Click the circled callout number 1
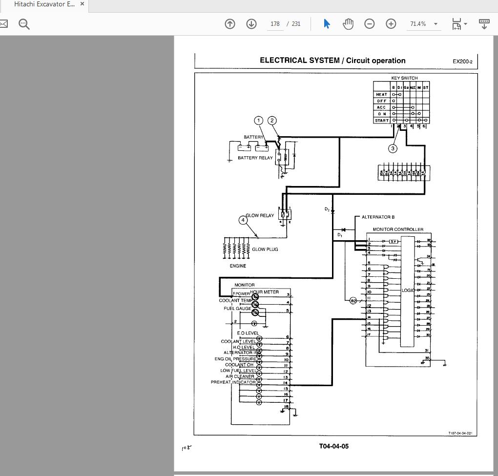[259, 121]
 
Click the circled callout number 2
[272, 121]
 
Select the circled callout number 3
[393, 148]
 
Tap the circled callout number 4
[243, 220]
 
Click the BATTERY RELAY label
[255, 158]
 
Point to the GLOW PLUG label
[265, 249]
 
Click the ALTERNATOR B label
[378, 217]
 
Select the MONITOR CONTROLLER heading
[398, 229]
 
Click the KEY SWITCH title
[404, 78]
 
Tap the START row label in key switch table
[382, 120]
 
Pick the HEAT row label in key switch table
[382, 94]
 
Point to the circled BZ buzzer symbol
[353, 301]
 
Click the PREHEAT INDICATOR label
[233, 382]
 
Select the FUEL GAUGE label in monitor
[238, 309]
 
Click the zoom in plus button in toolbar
[391, 23]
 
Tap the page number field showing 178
[275, 23]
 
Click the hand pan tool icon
[348, 23]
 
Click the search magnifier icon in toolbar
[24, 23]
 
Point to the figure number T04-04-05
[334, 446]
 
